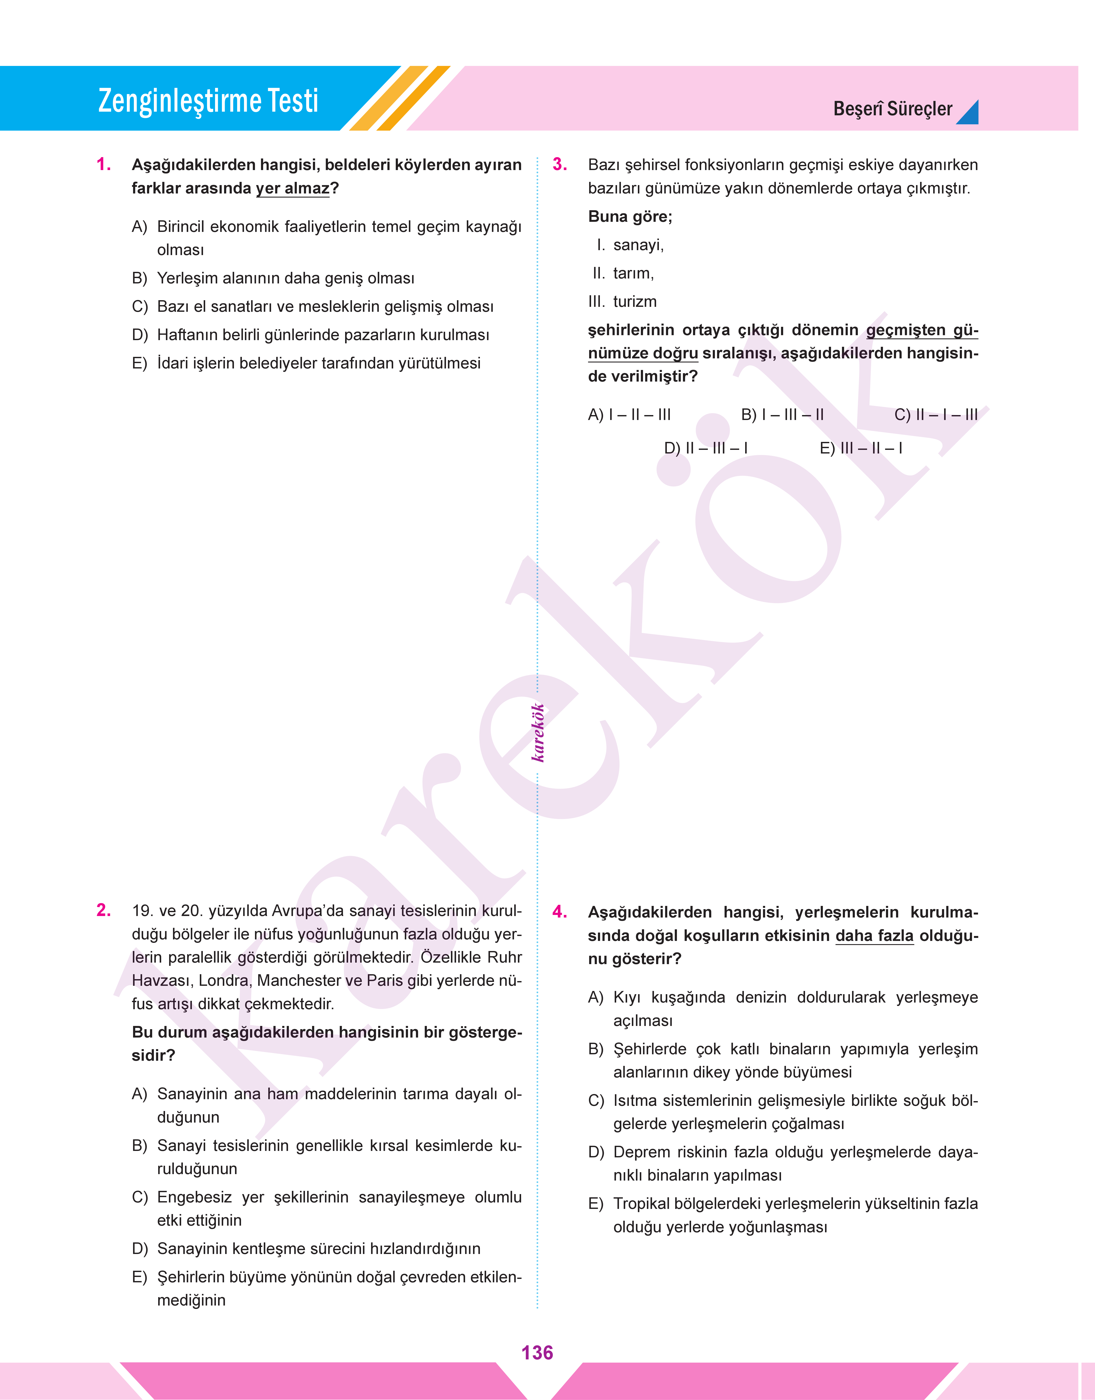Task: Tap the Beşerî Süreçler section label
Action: pyautogui.click(x=892, y=109)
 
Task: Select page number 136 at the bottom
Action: pyautogui.click(x=537, y=1353)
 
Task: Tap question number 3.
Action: pyautogui.click(x=560, y=165)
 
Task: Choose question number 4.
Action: pyautogui.click(x=560, y=912)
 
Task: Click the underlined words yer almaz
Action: pyautogui.click(x=292, y=189)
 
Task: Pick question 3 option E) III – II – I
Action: pyautogui.click(x=861, y=448)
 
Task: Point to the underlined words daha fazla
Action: pyautogui.click(x=874, y=936)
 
